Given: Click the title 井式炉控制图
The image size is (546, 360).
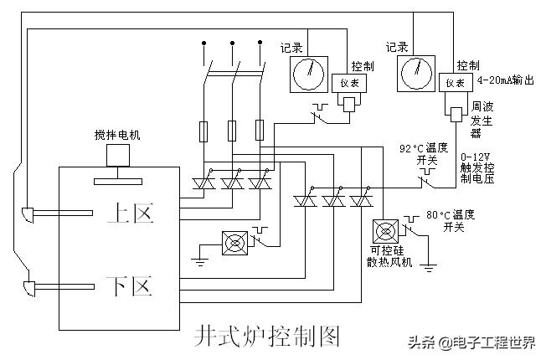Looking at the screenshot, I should (267, 336).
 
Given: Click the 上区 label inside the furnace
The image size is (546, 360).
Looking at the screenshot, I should (131, 213).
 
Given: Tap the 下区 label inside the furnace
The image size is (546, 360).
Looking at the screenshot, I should (131, 287).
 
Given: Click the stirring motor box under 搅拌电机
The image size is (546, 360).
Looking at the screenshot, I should (117, 155).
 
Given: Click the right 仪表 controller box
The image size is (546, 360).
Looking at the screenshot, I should (454, 82).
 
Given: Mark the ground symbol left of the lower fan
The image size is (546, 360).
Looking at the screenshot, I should (198, 259).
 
